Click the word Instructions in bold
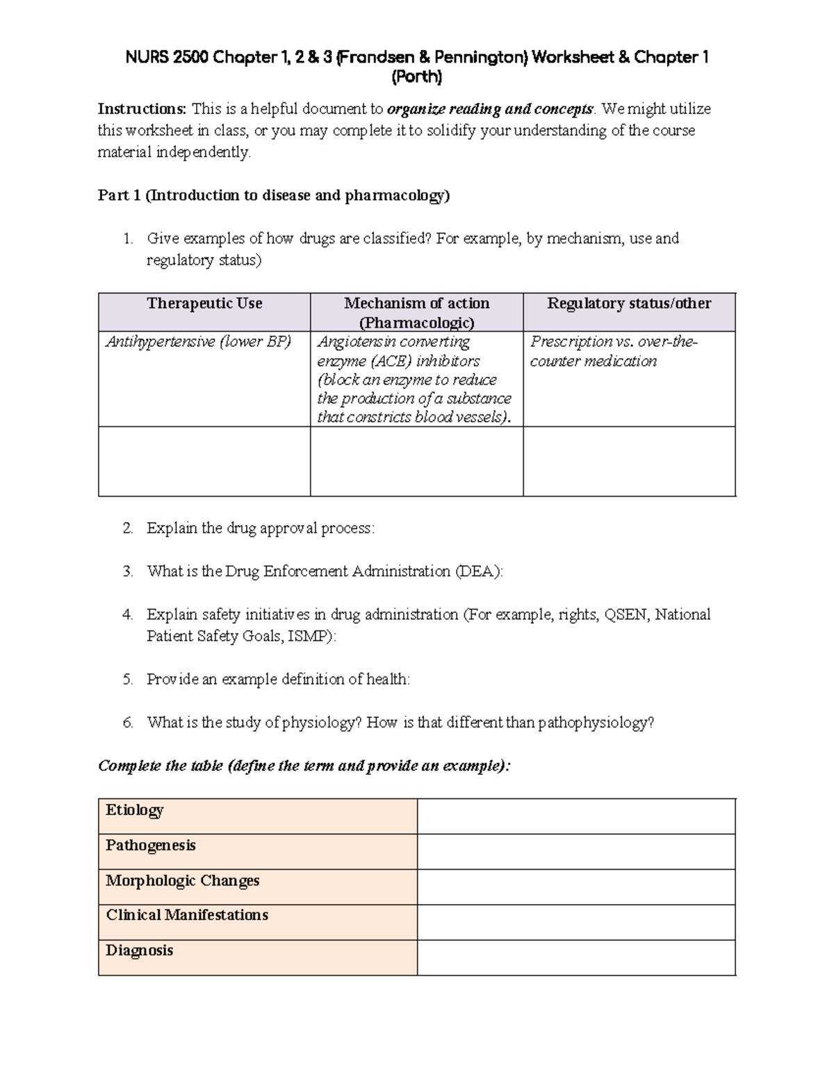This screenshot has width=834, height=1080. click(142, 109)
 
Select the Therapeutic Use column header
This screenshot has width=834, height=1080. click(204, 304)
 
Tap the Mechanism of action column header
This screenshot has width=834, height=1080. click(416, 312)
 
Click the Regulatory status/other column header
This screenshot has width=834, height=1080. click(629, 304)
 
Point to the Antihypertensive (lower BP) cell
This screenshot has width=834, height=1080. click(198, 342)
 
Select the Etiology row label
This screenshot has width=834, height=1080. click(135, 810)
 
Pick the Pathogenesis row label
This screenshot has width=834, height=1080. click(150, 846)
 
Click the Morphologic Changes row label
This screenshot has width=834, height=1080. click(182, 880)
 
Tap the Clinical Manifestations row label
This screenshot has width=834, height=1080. click(186, 915)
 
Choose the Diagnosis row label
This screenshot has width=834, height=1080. click(139, 951)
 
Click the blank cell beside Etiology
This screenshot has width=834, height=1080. click(576, 816)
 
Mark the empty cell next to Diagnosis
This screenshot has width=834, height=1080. click(576, 958)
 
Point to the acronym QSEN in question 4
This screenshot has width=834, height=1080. click(626, 615)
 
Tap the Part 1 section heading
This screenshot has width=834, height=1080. click(274, 195)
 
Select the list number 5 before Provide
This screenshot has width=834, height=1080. click(127, 680)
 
